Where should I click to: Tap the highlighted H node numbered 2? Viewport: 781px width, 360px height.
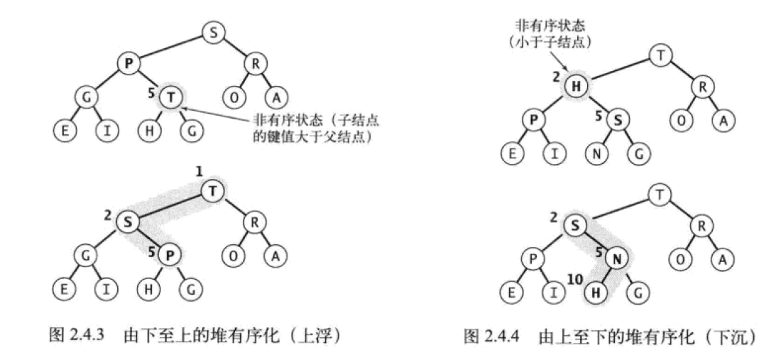(577, 87)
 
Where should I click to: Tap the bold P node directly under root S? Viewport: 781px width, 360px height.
(129, 63)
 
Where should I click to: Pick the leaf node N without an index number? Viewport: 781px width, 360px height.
(596, 152)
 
